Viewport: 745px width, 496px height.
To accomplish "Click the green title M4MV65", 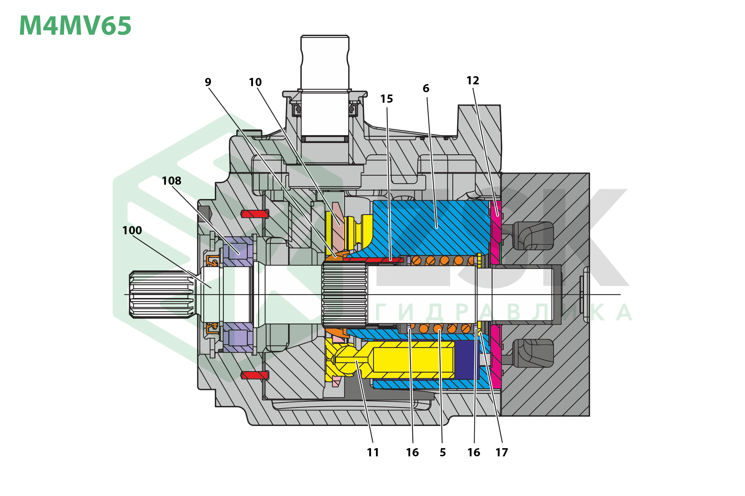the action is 75,25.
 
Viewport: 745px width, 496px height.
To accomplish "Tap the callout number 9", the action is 208,82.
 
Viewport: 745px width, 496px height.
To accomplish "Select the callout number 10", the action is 255,82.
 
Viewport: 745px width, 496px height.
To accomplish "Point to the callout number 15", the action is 387,99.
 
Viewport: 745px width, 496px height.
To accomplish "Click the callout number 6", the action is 426,88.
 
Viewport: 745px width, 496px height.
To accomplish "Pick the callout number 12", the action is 473,80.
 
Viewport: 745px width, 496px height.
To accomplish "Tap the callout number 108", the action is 171,181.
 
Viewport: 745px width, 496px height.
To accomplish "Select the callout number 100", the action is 132,230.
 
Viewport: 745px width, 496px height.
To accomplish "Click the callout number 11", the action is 373,452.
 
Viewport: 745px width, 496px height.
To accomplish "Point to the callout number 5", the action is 443,452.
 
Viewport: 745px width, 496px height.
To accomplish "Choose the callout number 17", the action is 502,452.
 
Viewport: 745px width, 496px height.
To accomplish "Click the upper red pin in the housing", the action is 255,214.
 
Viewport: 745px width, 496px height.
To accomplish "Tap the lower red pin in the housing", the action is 255,375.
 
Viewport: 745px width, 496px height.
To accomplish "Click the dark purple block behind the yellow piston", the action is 466,360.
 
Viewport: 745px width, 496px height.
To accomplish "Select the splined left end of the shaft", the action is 162,294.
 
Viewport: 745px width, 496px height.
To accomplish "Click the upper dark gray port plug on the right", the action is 533,236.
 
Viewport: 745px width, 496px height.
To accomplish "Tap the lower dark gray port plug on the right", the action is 533,353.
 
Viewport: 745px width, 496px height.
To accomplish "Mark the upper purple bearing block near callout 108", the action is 238,252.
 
